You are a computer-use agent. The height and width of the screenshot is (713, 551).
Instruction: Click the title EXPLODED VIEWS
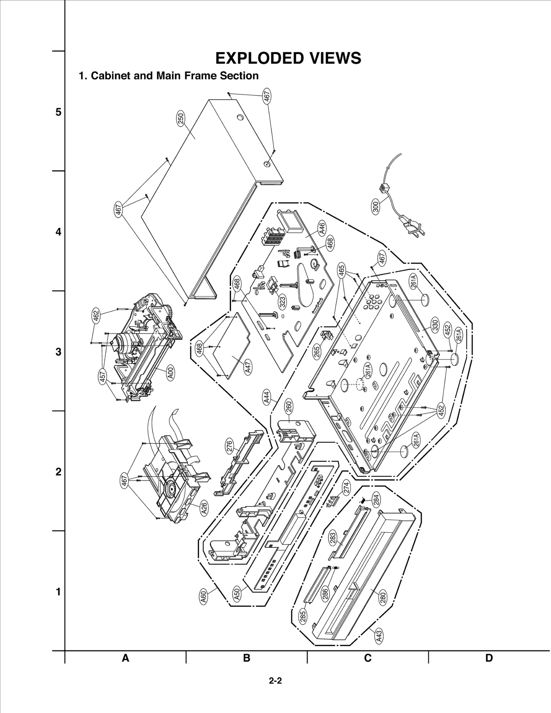288,58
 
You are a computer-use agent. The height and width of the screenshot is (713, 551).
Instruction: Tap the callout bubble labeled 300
376,206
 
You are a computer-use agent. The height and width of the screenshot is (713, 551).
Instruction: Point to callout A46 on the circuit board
322,229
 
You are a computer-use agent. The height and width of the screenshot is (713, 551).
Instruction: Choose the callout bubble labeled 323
282,302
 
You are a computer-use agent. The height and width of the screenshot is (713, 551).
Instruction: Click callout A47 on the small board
248,367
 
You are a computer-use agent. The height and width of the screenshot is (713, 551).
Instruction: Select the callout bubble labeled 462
96,316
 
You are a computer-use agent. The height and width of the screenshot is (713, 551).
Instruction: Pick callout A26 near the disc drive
204,508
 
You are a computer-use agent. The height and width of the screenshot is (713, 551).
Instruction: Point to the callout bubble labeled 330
435,325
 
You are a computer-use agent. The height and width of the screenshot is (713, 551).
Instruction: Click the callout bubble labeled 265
317,352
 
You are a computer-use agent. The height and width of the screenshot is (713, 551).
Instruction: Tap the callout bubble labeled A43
379,636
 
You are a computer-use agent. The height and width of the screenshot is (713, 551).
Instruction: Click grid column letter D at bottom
489,658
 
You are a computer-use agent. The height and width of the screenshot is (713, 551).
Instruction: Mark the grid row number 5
59,112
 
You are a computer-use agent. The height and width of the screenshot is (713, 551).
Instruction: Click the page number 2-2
275,681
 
